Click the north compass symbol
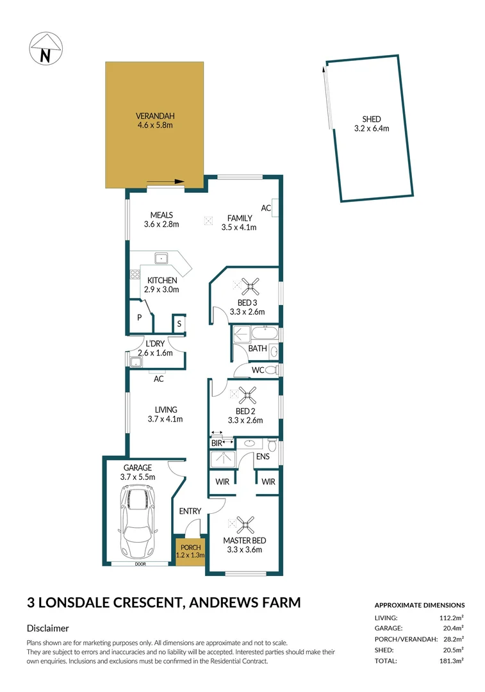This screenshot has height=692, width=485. (x=45, y=49)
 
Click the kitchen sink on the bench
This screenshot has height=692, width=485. (x=161, y=258)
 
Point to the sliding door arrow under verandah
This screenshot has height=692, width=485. (x=165, y=181)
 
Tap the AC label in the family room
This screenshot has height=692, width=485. (x=265, y=208)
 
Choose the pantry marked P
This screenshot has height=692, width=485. (x=139, y=317)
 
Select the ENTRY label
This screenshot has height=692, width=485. (x=190, y=511)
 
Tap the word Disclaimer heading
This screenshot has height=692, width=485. (x=48, y=629)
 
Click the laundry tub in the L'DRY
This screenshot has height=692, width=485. (x=135, y=363)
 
